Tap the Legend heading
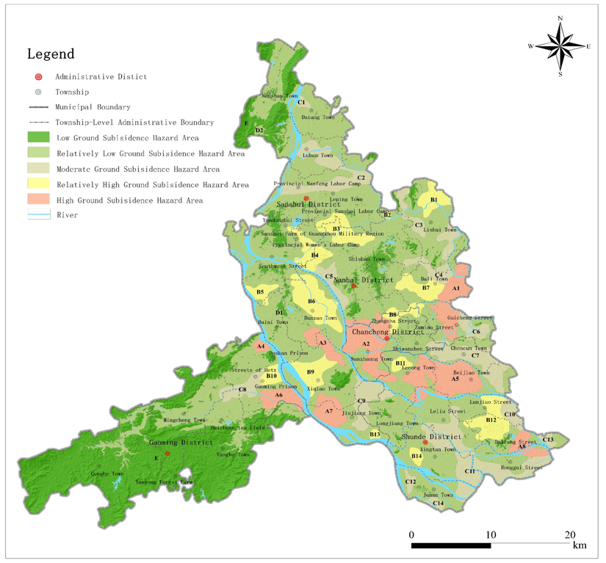pyautogui.click(x=51, y=54)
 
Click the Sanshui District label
pyautogui.click(x=308, y=204)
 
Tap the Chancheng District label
pyautogui.click(x=388, y=332)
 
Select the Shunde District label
pyautogui.click(x=431, y=437)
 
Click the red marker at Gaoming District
pyautogui.click(x=167, y=454)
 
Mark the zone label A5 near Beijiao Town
pyautogui.click(x=455, y=379)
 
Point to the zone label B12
pyautogui.click(x=491, y=420)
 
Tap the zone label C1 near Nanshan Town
pyautogui.click(x=301, y=102)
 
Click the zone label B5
pyautogui.click(x=260, y=292)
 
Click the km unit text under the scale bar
pyautogui.click(x=580, y=545)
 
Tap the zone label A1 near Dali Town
pyautogui.click(x=455, y=288)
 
